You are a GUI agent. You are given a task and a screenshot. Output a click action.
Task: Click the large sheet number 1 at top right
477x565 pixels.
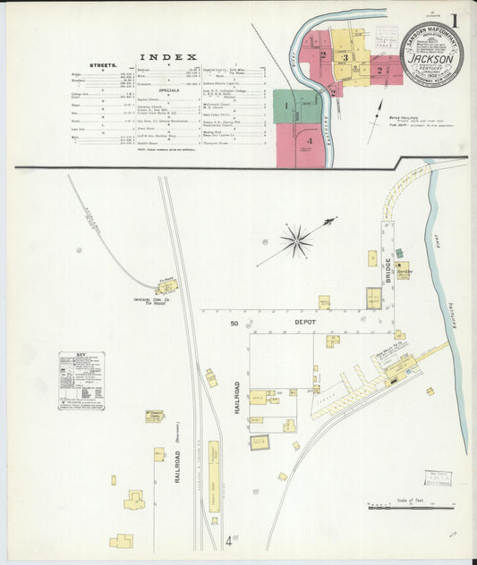pos(455,20)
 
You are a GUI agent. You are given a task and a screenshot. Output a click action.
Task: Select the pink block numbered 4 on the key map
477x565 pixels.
pos(309,141)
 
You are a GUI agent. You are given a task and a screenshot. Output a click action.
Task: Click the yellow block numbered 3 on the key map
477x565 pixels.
pos(345,59)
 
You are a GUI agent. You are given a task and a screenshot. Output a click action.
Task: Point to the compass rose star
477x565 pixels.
pos(295,240)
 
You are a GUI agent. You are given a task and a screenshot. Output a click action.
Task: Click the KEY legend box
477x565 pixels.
pos(81,380)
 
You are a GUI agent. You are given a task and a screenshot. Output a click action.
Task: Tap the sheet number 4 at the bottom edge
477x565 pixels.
pos(229,540)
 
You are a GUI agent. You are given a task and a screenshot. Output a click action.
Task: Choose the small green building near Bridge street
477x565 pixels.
pos(398,254)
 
